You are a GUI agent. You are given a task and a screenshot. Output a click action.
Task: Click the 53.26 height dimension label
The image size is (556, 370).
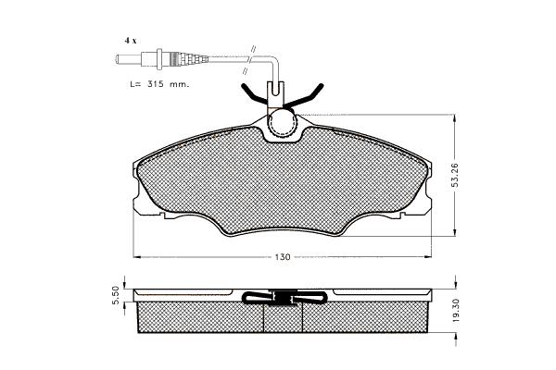(455, 175)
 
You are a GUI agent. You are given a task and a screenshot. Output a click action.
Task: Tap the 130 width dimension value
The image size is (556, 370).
(283, 257)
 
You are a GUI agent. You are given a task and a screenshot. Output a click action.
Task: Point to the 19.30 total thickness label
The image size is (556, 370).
(455, 310)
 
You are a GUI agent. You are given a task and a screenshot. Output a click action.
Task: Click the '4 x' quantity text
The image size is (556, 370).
(130, 41)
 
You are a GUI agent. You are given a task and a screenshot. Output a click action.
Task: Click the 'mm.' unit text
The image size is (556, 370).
(179, 85)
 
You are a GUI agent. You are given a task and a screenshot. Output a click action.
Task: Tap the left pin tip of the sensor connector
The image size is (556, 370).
(118, 59)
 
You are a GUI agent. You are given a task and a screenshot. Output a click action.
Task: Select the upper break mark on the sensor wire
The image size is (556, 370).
(253, 50)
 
